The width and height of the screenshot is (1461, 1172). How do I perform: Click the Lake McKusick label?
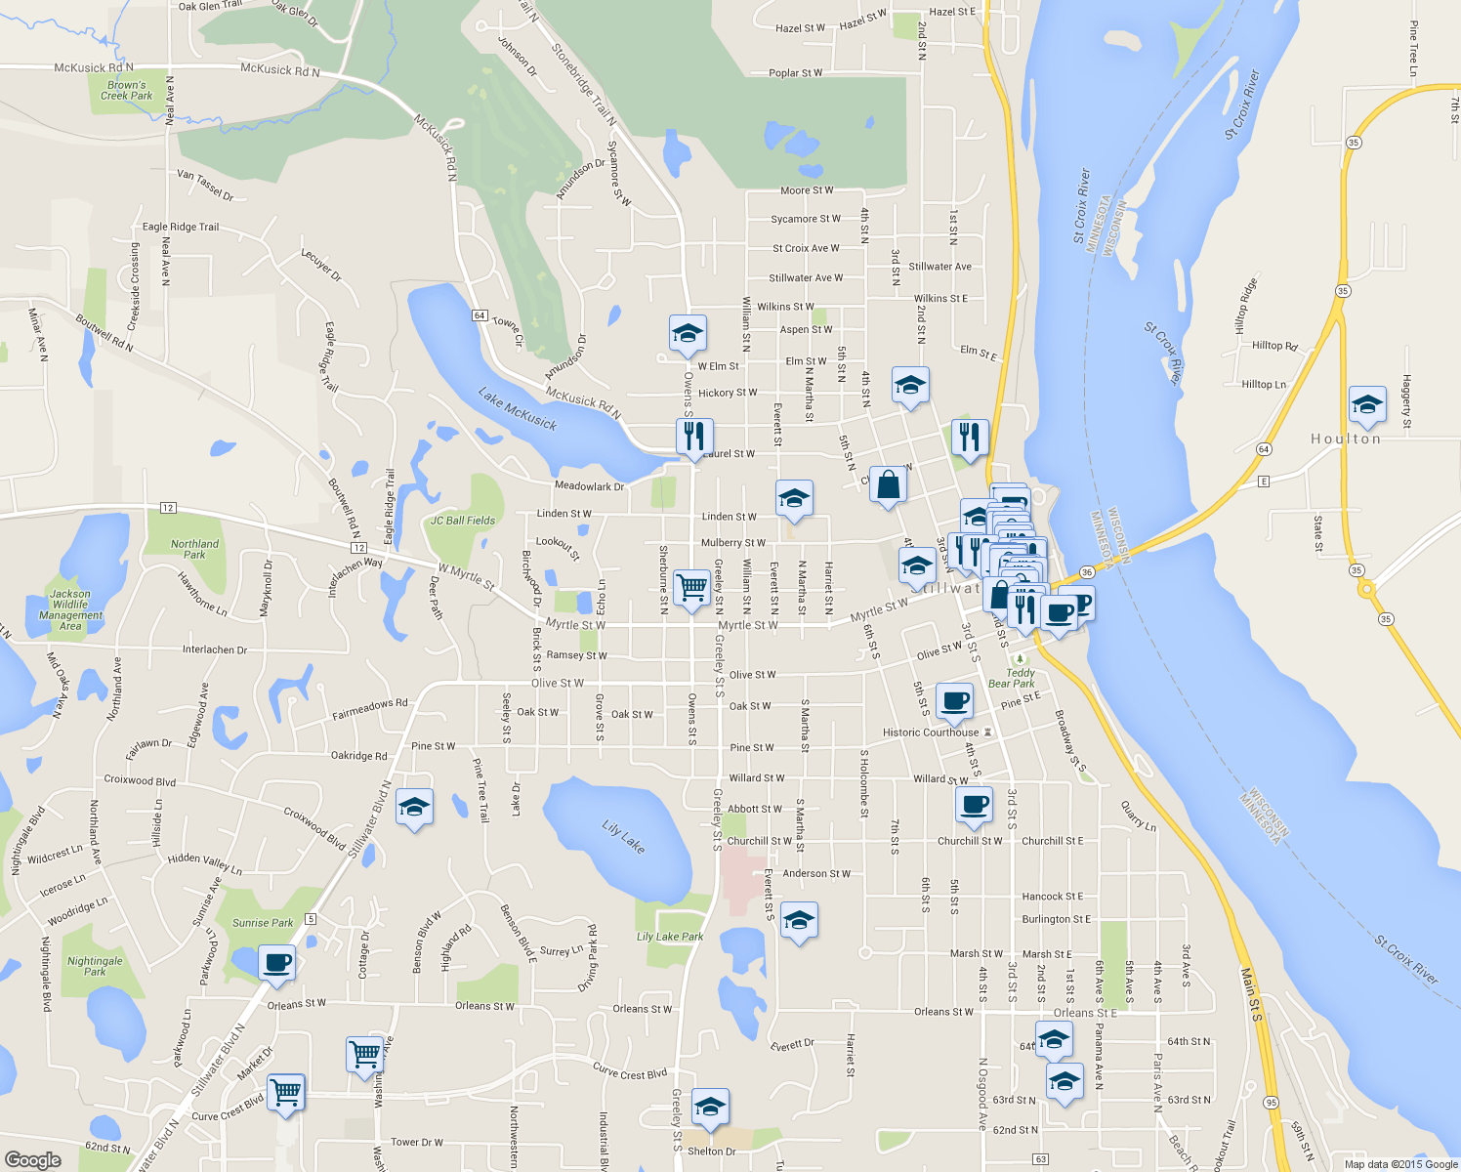[x=518, y=408]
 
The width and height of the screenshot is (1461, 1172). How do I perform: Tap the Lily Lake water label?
[x=623, y=837]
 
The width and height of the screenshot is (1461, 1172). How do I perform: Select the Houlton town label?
[x=1346, y=439]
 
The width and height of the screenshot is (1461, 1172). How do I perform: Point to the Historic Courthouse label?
[x=931, y=732]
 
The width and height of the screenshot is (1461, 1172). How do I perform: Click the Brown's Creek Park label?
[x=127, y=90]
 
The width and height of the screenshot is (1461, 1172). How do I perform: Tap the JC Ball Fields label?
[x=463, y=521]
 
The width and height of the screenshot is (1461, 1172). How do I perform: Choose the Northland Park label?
[x=194, y=549]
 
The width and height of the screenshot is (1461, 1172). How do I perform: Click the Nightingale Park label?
[x=95, y=966]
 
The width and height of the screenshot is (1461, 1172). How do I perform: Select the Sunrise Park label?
[x=263, y=922]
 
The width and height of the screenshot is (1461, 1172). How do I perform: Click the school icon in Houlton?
[x=1367, y=405]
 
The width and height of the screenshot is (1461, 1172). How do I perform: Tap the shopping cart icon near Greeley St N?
[x=691, y=588]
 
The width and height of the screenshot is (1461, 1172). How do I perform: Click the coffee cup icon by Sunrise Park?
[x=277, y=962]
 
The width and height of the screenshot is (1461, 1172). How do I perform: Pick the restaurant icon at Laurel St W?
[x=694, y=437]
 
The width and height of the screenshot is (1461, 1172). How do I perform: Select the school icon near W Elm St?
[x=688, y=333]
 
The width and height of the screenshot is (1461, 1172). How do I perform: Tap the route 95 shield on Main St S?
[x=1271, y=1102]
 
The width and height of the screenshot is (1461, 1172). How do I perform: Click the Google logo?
[x=33, y=1159]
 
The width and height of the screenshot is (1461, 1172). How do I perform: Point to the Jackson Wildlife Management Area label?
[x=70, y=609]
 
